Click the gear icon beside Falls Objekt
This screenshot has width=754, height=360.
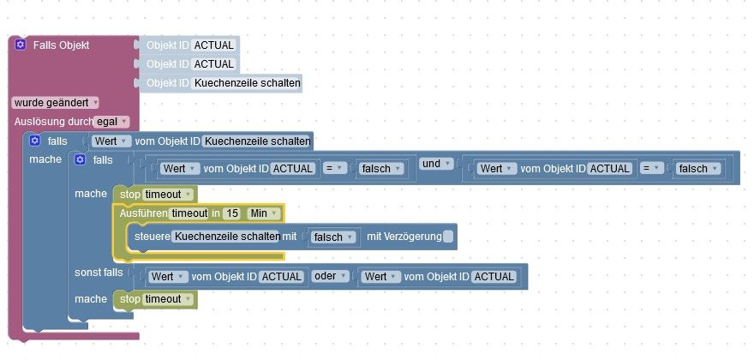(x=21, y=45)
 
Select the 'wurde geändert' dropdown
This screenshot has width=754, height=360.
(x=56, y=103)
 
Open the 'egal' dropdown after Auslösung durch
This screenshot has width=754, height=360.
(x=111, y=122)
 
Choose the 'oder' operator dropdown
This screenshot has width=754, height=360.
(x=330, y=276)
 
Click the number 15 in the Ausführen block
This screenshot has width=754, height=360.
(x=232, y=213)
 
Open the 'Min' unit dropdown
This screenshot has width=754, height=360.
(x=263, y=213)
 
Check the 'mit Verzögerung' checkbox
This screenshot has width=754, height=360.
(x=447, y=237)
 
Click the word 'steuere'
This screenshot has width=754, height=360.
(x=152, y=237)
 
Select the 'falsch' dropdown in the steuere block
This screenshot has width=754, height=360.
(x=333, y=237)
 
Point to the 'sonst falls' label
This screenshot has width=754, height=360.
(x=99, y=273)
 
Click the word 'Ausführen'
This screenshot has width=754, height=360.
(x=143, y=213)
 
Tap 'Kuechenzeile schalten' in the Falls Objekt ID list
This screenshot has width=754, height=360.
(x=247, y=83)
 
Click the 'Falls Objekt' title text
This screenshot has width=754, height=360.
(x=61, y=45)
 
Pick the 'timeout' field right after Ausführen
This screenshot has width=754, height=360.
(x=189, y=213)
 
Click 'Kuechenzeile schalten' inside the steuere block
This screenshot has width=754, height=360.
(x=226, y=237)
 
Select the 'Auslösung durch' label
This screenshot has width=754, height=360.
(x=54, y=122)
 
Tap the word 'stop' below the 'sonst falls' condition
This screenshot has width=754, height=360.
(x=130, y=299)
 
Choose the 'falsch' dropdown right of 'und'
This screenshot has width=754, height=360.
(x=698, y=169)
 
